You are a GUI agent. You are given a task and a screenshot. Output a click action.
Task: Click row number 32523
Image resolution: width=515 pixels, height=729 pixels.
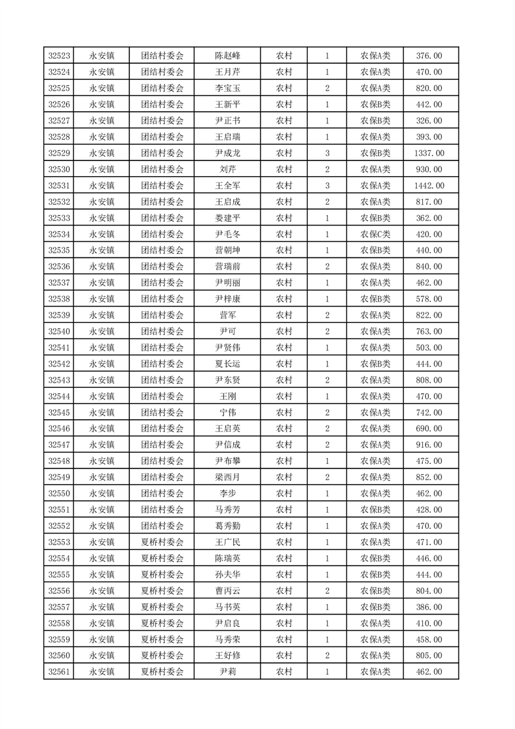pos(60,56)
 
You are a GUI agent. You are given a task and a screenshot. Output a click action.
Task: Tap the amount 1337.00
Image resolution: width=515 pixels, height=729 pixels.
pos(429,153)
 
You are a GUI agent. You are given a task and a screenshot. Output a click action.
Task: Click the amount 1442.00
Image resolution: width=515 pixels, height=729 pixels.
pos(429,186)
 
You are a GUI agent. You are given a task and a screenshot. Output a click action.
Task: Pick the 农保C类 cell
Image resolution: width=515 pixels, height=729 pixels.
pos(375,235)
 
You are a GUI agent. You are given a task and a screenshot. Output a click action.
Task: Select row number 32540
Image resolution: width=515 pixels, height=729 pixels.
pos(60,331)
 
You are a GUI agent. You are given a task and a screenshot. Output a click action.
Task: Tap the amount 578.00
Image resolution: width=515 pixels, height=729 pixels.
pos(429,299)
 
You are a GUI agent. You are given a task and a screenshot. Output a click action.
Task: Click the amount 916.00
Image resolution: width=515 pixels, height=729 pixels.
pos(429,444)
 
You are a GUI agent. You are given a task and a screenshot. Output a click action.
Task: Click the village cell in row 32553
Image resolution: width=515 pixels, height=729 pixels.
pos(162,542)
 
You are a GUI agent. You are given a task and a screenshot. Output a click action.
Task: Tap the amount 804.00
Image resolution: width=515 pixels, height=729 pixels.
pos(429,591)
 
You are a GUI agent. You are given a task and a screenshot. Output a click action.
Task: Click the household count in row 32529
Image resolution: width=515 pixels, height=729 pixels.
pos(327,153)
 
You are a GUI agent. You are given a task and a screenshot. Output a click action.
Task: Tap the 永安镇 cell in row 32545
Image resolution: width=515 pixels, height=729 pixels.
pos(102,413)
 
